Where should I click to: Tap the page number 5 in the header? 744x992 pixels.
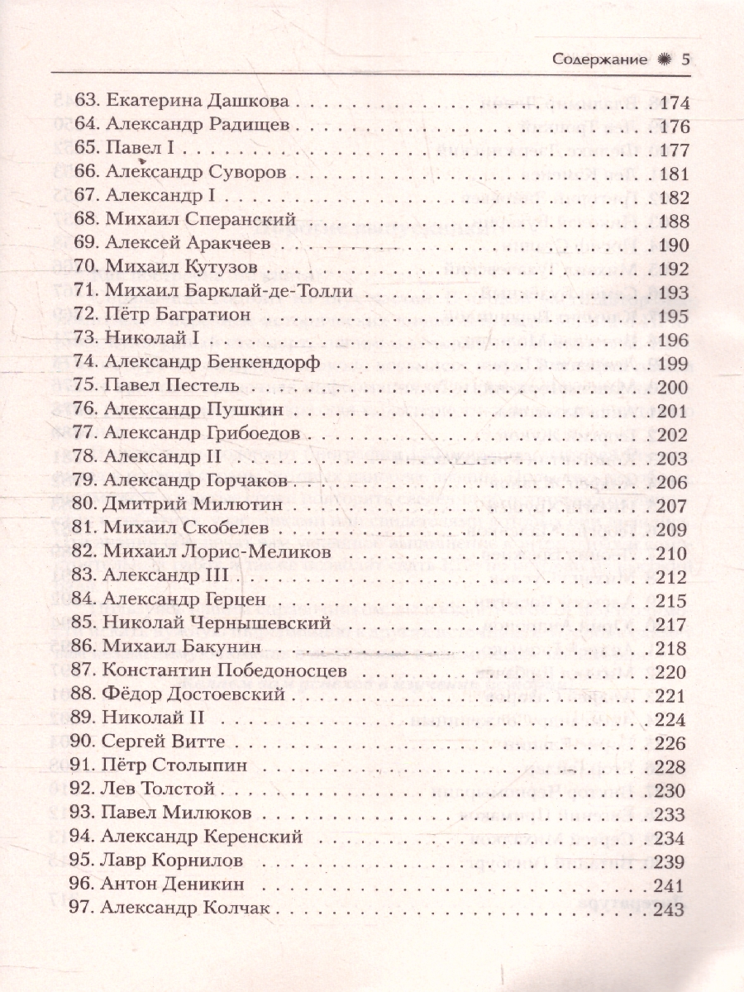click(x=684, y=60)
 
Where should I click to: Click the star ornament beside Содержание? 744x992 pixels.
click(x=661, y=60)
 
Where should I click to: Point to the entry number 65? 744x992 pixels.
click(x=86, y=150)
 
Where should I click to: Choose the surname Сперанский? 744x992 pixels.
click(x=246, y=221)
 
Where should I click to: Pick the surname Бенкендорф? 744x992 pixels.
click(x=270, y=363)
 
